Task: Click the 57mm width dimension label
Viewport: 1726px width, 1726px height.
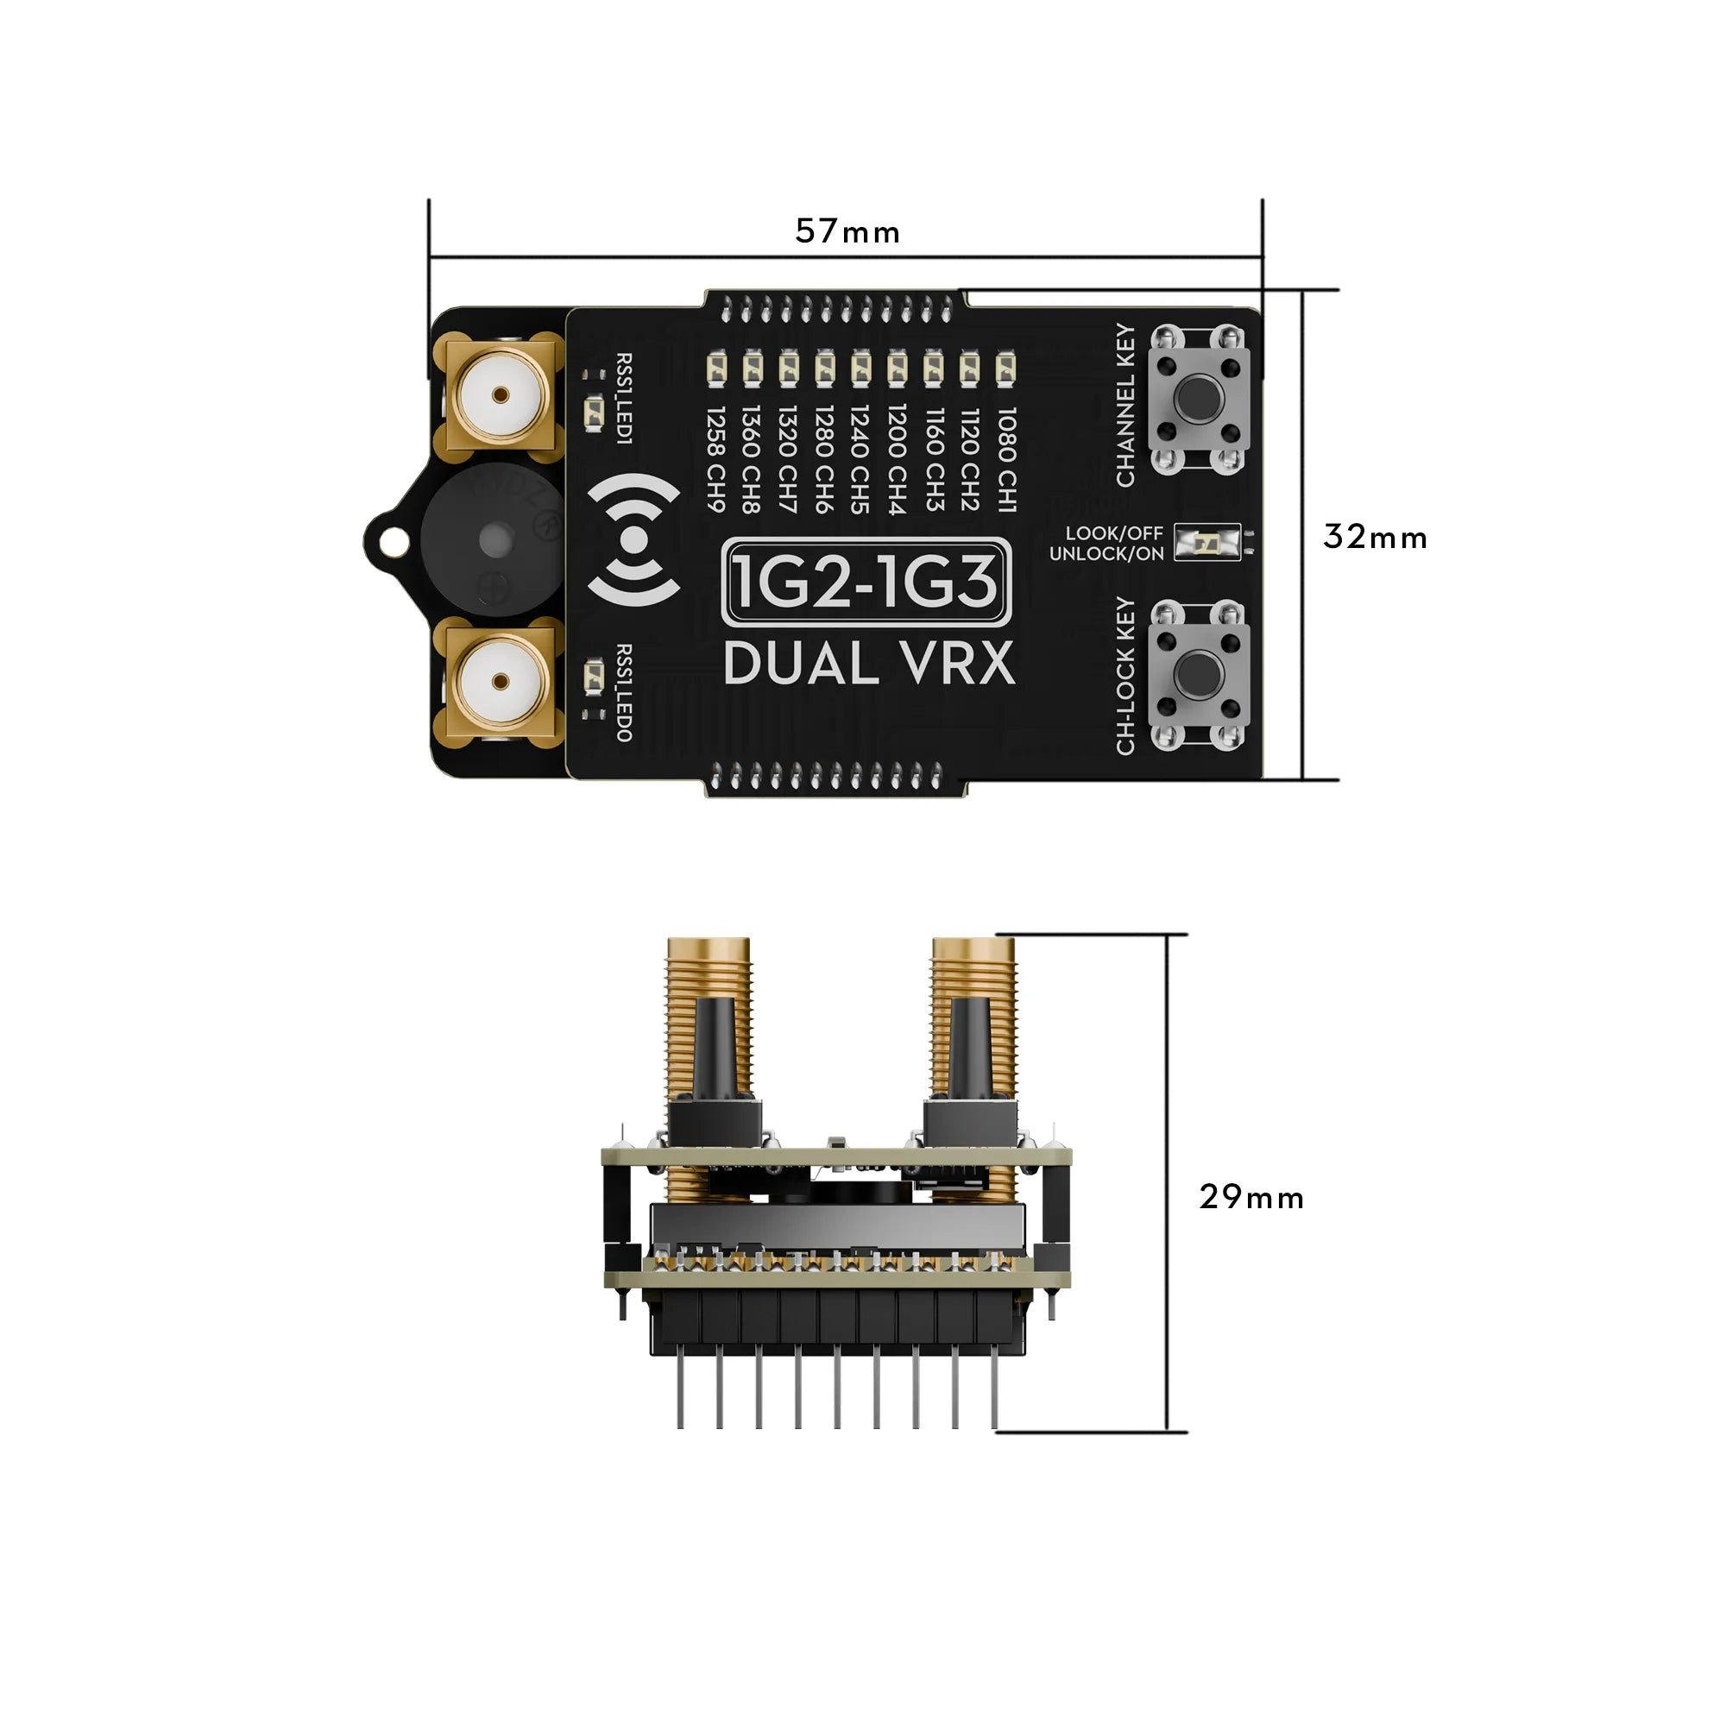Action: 847,232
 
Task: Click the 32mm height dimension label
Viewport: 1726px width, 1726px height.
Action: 1374,537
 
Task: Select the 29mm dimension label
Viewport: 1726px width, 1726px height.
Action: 1250,1197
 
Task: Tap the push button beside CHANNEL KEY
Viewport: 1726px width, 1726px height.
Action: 1199,399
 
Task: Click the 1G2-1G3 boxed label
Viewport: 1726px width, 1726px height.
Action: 865,582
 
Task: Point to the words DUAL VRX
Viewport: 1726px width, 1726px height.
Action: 868,665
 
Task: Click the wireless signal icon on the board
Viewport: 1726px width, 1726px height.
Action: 633,539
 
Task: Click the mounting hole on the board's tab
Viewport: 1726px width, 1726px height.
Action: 390,539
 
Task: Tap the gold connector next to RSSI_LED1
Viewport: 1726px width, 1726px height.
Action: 500,395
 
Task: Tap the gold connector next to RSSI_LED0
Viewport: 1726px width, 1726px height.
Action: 500,683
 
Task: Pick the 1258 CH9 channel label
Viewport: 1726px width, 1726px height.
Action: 715,459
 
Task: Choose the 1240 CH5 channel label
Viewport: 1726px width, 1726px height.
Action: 860,459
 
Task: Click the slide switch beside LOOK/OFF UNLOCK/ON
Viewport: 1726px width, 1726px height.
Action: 1207,542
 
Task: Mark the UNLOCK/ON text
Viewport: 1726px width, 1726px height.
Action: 1106,554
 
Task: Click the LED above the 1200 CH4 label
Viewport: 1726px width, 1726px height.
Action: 897,367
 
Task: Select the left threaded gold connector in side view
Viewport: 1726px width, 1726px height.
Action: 709,1027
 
